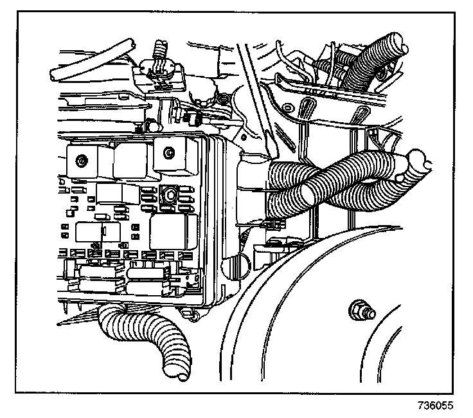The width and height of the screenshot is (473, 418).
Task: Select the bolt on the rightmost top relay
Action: [x=168, y=153]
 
